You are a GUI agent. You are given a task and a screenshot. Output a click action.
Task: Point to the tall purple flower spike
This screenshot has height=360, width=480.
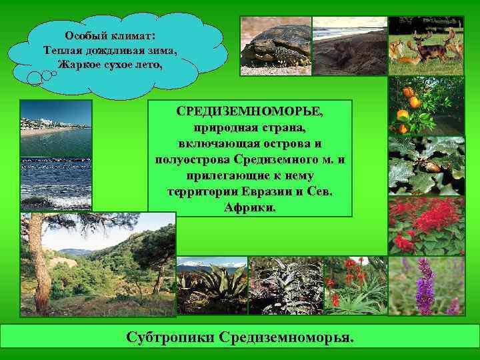click(425, 287)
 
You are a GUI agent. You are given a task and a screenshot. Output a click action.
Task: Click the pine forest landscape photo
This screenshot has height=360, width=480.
click(98, 263)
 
